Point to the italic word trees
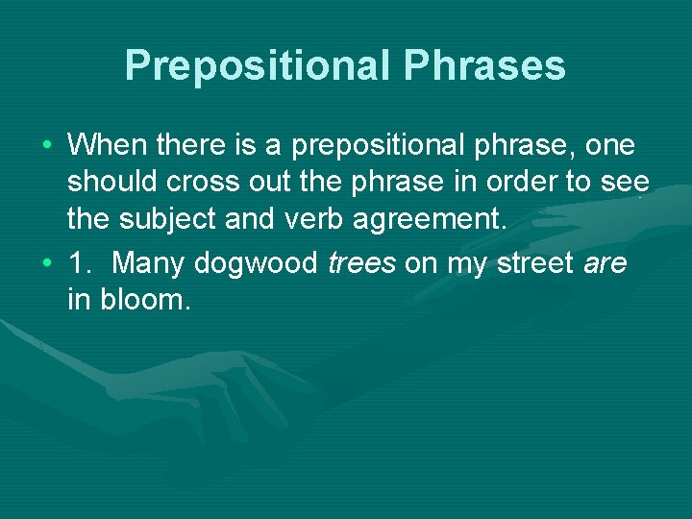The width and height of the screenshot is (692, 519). [x=362, y=264]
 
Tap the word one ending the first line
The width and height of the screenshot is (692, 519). [x=609, y=146]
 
